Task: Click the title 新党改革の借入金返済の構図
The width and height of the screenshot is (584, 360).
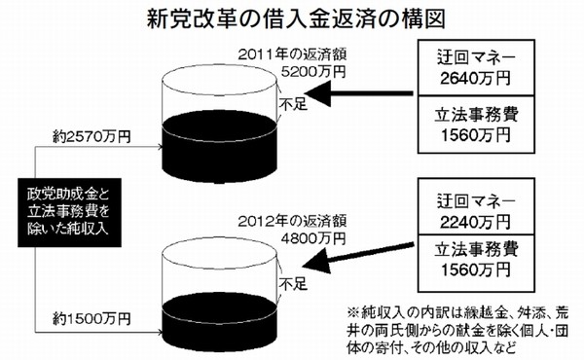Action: coord(292,18)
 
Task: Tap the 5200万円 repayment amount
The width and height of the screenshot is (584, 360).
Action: coord(310,71)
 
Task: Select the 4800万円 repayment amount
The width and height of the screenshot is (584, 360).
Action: coord(310,234)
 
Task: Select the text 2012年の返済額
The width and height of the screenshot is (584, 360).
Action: coord(292,219)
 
